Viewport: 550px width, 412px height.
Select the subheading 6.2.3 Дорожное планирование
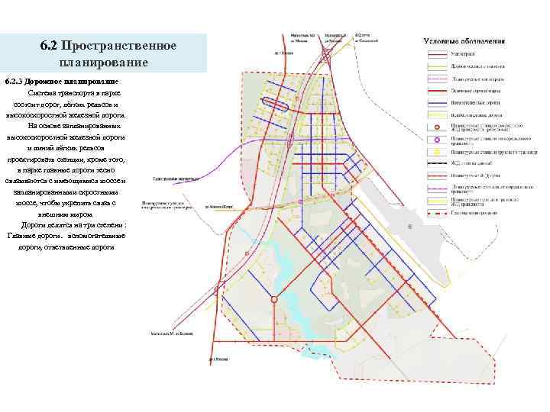51,80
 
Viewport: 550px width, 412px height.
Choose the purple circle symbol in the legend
437,140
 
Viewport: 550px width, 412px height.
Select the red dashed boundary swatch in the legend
437,215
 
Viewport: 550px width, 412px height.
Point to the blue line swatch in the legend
437,99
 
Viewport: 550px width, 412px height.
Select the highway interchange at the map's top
327,56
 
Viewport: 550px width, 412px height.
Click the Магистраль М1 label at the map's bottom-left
167,333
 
